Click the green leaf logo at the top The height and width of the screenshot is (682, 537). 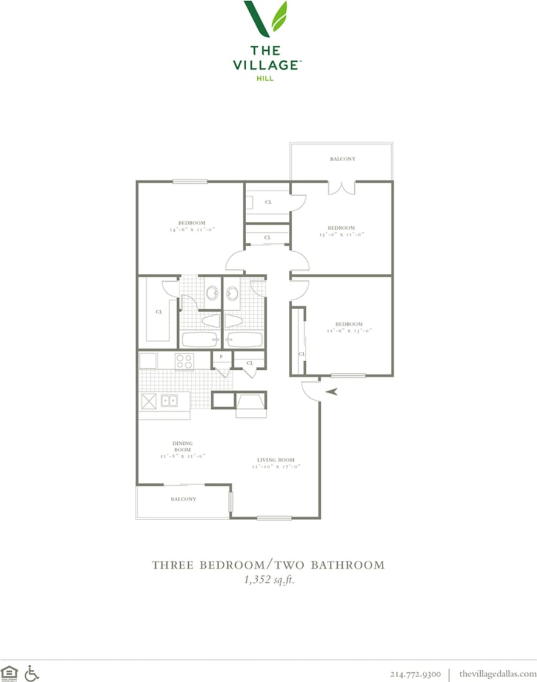(265, 18)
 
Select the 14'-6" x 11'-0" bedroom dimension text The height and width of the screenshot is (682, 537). (192, 230)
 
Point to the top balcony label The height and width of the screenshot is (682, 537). (342, 159)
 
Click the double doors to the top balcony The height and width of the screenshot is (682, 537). (341, 187)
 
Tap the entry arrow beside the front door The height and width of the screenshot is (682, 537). (332, 392)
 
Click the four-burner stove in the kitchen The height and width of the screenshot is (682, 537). (184, 361)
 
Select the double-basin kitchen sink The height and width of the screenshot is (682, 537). (169, 401)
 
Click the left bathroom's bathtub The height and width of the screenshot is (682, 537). (198, 340)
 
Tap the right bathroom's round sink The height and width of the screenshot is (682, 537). (232, 294)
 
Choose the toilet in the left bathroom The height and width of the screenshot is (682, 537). (210, 320)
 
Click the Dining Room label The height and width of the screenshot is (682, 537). (182, 446)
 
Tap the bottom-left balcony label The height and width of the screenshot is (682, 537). (183, 499)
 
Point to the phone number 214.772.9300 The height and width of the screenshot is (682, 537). (415, 673)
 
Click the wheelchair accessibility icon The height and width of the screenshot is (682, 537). (32, 673)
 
